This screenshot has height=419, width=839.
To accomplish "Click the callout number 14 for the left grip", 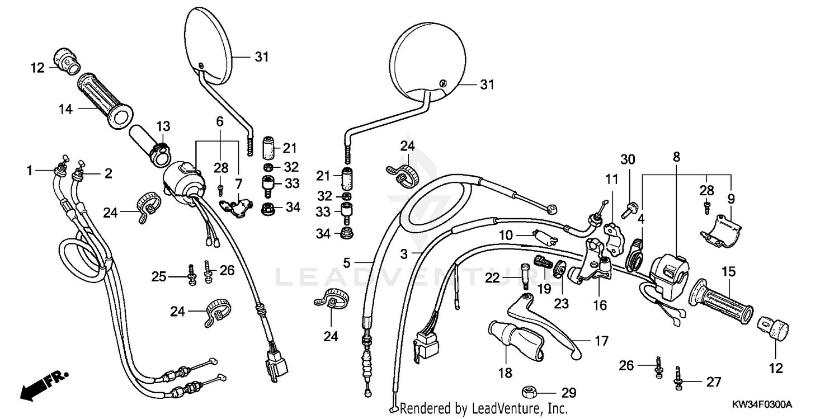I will pos(66,109).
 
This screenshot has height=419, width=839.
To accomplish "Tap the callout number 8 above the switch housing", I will pos(676,157).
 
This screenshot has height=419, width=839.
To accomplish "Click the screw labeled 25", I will pos(192,275).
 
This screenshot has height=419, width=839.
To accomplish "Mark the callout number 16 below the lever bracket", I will pos(600,305).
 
